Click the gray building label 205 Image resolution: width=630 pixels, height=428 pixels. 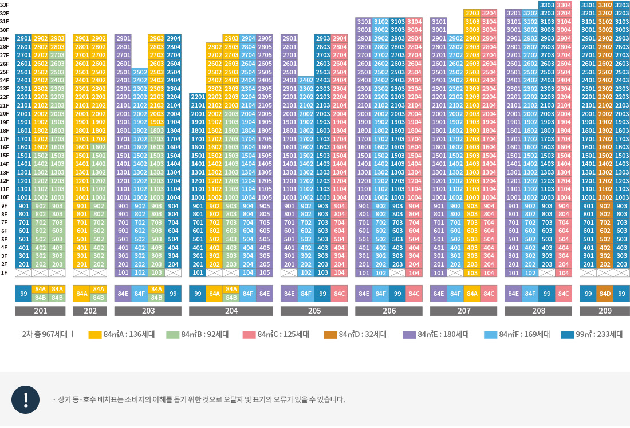point(314,311)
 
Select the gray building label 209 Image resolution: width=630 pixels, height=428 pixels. point(605,311)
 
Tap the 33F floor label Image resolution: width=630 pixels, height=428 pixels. point(5,5)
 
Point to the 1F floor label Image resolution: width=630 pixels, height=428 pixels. point(5,272)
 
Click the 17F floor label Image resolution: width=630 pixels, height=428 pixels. point(5,138)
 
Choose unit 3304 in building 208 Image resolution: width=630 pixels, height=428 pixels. point(564,5)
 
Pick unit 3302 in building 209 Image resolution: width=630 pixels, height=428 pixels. point(605,5)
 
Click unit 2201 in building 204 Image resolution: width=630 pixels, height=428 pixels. point(198,97)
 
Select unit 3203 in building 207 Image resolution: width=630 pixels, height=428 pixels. point(472,13)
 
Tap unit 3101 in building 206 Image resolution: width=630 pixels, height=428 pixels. point(364,22)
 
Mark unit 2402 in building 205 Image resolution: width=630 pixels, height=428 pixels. point(306,80)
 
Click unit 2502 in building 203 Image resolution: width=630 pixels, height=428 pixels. point(140,72)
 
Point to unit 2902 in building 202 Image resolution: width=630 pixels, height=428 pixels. point(99,38)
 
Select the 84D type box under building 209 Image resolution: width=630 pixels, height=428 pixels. point(605,294)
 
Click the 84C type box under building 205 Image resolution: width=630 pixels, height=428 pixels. point(339,294)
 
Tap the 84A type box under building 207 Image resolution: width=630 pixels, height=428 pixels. point(472,294)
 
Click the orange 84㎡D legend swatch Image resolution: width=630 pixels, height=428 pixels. point(330,335)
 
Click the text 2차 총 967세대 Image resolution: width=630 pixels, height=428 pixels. point(45,335)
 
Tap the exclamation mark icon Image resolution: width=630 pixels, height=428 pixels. point(26,400)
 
